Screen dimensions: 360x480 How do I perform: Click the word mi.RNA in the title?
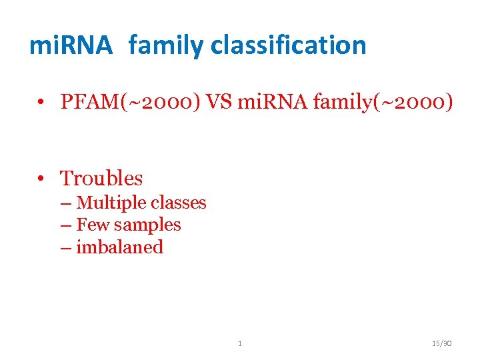click(x=71, y=45)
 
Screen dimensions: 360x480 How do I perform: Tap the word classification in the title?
click(x=289, y=45)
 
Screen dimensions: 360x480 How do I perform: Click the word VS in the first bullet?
click(x=223, y=102)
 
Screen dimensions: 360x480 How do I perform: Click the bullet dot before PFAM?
click(x=41, y=103)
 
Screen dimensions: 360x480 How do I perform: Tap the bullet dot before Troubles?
click(x=41, y=179)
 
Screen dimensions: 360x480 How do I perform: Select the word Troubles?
click(x=101, y=178)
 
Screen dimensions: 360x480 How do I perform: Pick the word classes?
click(x=179, y=203)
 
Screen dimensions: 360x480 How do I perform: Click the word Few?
click(x=90, y=225)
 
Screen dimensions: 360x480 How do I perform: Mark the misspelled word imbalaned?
click(x=120, y=247)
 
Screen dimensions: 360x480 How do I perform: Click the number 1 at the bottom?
click(x=240, y=343)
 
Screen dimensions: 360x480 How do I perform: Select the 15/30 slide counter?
click(x=441, y=343)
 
